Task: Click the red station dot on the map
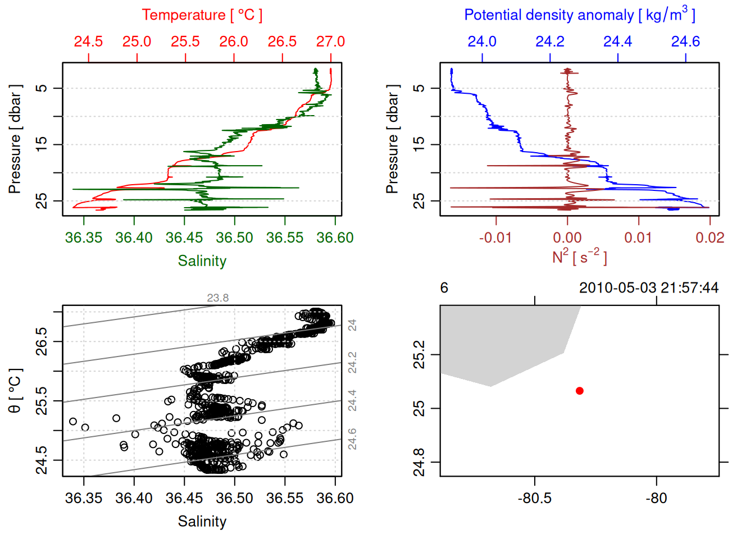coord(579,391)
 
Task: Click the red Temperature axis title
coord(202,15)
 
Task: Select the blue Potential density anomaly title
coord(579,15)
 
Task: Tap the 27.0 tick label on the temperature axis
coord(330,42)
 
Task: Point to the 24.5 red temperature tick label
coord(89,42)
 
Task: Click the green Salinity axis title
coord(202,261)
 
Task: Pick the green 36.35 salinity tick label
coord(84,237)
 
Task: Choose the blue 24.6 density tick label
coord(685,42)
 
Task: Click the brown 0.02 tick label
coord(709,237)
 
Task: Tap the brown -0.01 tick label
coord(495,237)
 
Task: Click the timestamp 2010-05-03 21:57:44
coord(648,288)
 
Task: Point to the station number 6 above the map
coord(444,288)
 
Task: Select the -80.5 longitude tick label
coord(534,498)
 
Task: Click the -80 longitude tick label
coord(656,498)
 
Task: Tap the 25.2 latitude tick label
coord(419,355)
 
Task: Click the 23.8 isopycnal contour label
coord(217,298)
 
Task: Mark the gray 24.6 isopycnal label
coord(352,439)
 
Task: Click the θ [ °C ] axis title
coord(15,391)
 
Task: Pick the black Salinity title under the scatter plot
coord(202,522)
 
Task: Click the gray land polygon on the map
coord(500,342)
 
